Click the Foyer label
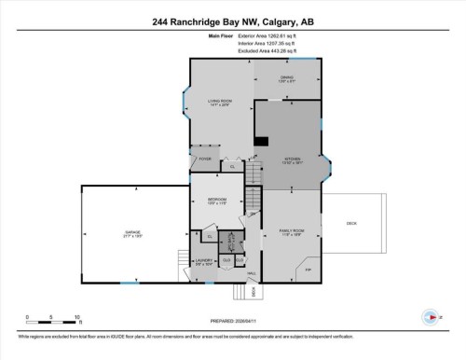[205, 159]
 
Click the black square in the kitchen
[262, 142]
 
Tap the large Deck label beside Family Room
[351, 223]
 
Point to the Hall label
[252, 273]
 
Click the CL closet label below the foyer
[231, 167]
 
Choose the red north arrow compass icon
[431, 316]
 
